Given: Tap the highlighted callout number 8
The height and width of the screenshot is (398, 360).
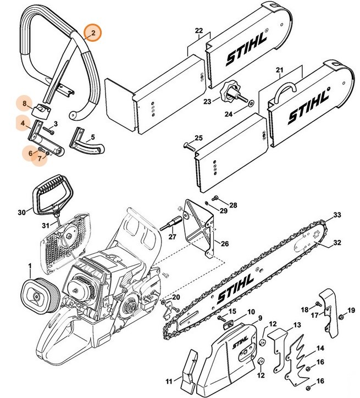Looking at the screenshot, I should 24,103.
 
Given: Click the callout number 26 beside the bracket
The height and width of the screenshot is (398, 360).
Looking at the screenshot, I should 224,243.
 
